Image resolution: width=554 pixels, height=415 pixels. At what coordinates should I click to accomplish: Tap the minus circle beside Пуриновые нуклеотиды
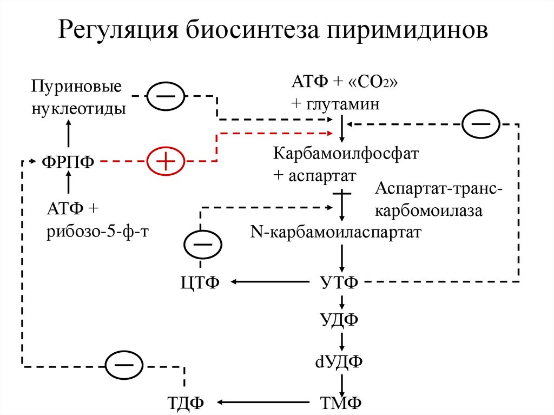tap(166, 96)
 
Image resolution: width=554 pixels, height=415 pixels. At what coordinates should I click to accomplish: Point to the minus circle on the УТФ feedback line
tap(480, 124)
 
